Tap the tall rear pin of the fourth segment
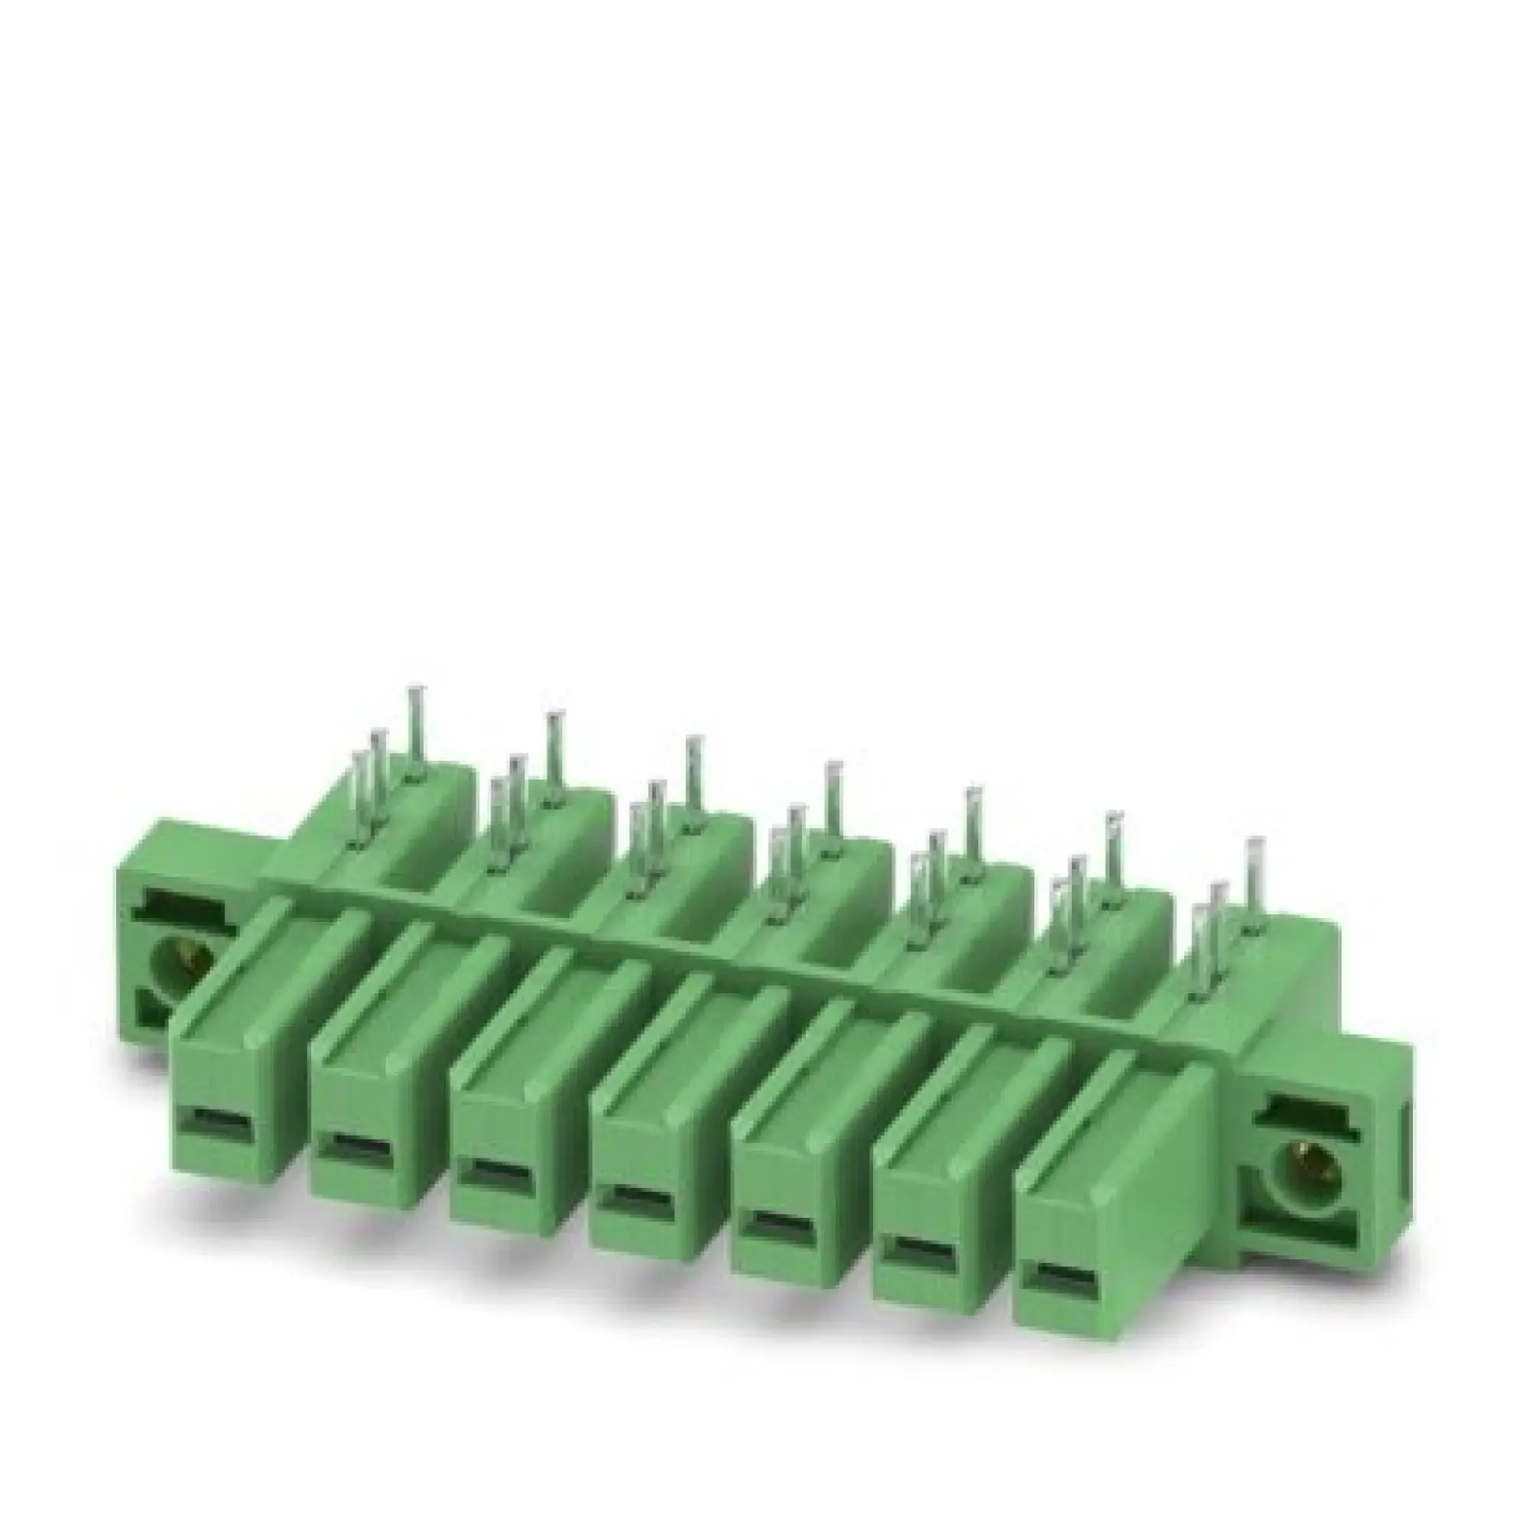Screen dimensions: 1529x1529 click(x=832, y=805)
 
